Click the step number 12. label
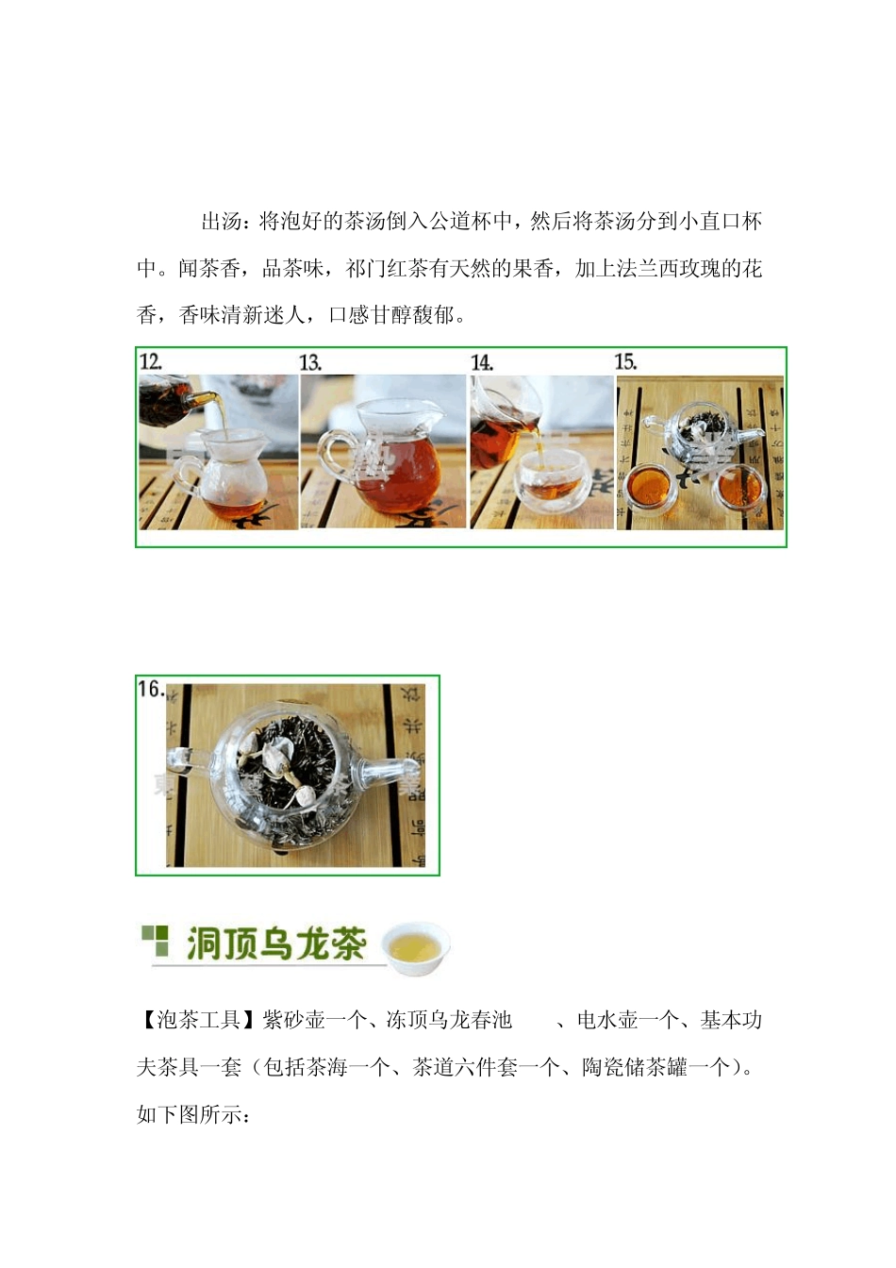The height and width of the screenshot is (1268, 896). (151, 362)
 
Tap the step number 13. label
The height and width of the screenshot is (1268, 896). (310, 363)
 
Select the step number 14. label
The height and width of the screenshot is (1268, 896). (482, 363)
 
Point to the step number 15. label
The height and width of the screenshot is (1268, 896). (625, 362)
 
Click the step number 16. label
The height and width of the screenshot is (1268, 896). (151, 690)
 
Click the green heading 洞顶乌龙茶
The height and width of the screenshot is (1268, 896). (275, 944)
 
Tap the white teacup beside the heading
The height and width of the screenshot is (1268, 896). (416, 946)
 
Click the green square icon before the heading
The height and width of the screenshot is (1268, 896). (155, 942)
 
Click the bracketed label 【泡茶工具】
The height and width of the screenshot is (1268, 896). (198, 1021)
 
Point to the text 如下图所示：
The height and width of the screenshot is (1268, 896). (193, 1115)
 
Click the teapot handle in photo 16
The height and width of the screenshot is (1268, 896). (189, 759)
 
